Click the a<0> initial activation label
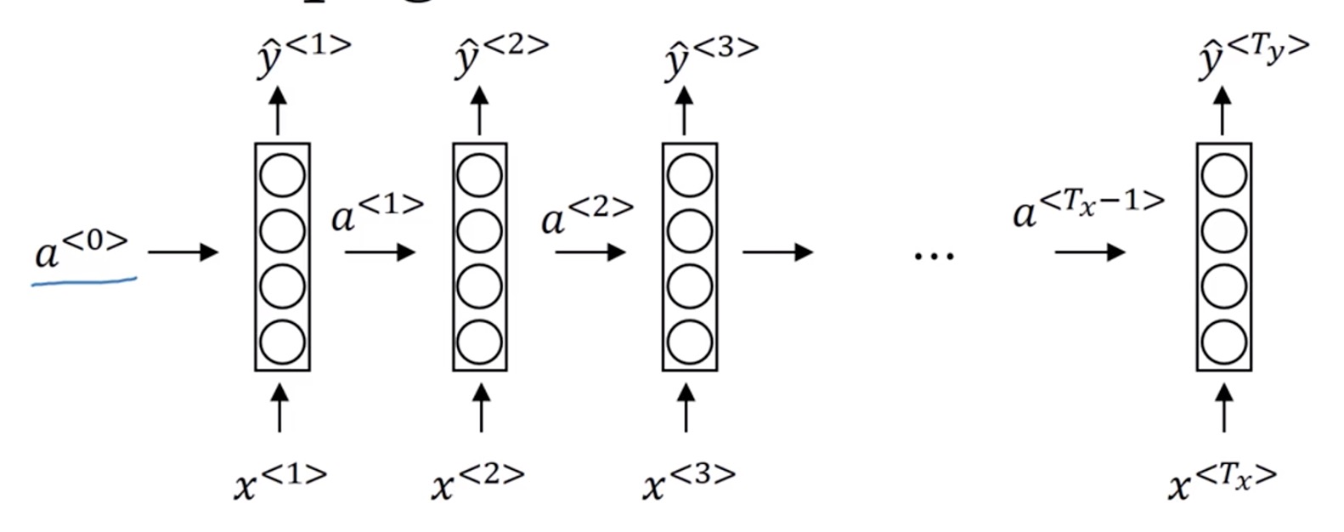point(82,249)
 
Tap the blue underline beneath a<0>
point(84,280)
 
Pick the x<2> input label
point(477,482)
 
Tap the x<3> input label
point(688,482)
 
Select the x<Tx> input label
point(1222,482)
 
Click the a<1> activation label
point(376,212)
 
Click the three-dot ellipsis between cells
point(934,253)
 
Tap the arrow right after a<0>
point(183,252)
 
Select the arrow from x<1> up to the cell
point(280,407)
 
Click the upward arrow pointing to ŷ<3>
point(685,110)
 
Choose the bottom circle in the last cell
point(1224,342)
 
